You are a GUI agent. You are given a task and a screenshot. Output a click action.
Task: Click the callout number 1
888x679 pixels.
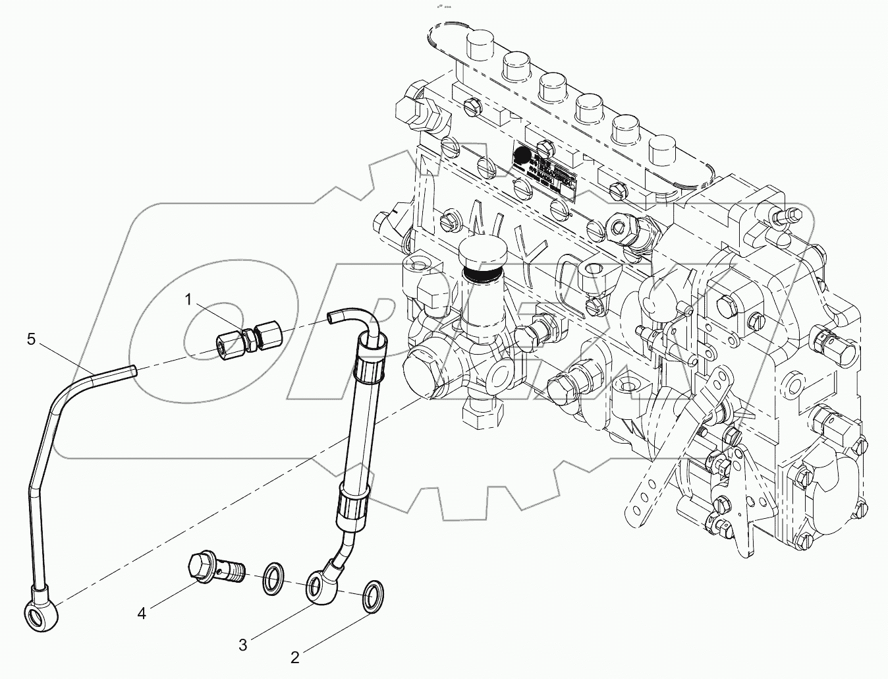(188, 301)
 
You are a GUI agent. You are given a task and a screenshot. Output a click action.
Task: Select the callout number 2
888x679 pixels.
(295, 657)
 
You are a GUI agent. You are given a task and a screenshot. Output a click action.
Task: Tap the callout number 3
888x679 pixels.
(242, 645)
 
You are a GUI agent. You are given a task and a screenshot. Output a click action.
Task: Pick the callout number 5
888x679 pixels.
(31, 339)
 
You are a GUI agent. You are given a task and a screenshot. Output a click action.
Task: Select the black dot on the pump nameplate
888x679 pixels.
(522, 156)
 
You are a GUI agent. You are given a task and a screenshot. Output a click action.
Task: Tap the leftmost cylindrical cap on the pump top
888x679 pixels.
(478, 47)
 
